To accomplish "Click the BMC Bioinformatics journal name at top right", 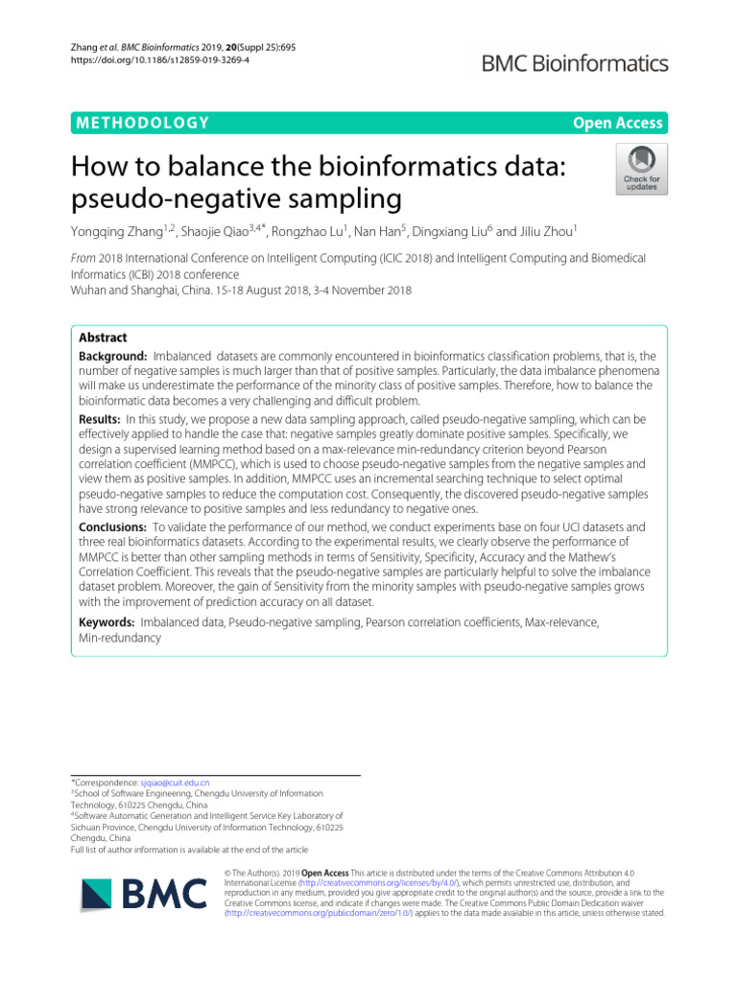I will click(574, 64).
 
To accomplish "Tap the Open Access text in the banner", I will click(617, 123).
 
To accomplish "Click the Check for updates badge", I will click(641, 170).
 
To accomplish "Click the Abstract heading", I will click(102, 339).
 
